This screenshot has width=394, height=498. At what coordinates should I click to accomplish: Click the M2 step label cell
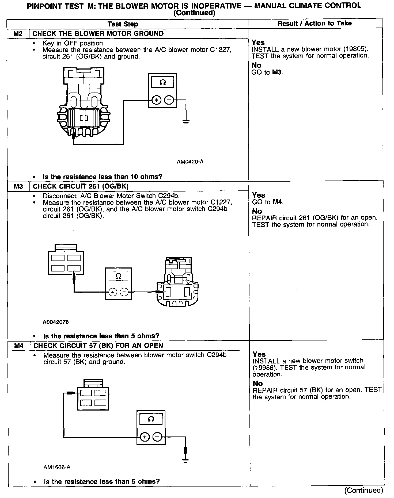click(x=18, y=34)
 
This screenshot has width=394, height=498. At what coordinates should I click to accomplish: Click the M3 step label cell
click(x=18, y=186)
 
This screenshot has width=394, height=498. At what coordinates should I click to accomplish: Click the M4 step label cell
click(x=19, y=346)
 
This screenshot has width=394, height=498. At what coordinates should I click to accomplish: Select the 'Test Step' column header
click(x=123, y=24)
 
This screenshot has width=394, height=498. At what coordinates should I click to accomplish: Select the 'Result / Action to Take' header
click(x=315, y=24)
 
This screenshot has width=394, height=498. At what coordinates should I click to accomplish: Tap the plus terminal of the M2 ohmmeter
click(x=156, y=100)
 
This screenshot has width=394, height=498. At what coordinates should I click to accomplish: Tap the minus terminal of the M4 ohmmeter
click(x=157, y=437)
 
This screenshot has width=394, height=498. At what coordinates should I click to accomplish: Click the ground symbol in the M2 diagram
click(x=186, y=122)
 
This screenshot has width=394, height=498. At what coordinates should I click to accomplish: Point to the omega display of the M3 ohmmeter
click(x=118, y=276)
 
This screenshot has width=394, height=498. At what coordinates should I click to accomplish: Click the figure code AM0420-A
click(x=190, y=162)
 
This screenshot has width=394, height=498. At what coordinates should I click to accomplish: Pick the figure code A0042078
click(x=56, y=322)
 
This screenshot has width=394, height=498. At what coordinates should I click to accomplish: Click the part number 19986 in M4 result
click(x=263, y=368)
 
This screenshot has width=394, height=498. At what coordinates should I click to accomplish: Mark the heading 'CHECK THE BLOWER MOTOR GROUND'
click(x=98, y=34)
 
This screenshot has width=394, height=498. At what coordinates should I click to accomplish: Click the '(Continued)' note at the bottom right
click(x=364, y=490)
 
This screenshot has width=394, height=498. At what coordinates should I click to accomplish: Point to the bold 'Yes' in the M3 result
click(x=258, y=195)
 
